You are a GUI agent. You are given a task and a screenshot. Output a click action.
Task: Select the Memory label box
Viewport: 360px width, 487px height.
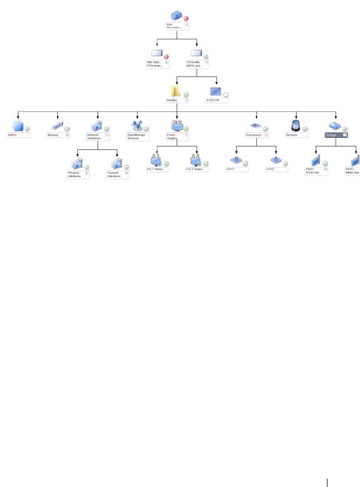pyautogui.click(x=56, y=135)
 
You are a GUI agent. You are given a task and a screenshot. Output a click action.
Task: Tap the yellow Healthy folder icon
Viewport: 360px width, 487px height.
pyautogui.click(x=176, y=91)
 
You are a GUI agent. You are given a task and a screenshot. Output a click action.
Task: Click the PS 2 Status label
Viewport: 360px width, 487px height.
pyautogui.click(x=196, y=169)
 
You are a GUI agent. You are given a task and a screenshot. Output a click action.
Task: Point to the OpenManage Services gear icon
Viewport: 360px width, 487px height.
pyautogui.click(x=137, y=125)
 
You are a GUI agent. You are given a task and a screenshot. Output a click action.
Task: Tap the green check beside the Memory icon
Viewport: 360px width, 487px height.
pyautogui.click(x=67, y=129)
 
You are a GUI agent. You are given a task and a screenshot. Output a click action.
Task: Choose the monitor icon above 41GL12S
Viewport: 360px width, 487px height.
pyautogui.click(x=216, y=91)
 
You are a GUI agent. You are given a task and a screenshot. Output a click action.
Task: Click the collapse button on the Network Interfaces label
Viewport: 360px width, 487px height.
pyautogui.click(x=107, y=135)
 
